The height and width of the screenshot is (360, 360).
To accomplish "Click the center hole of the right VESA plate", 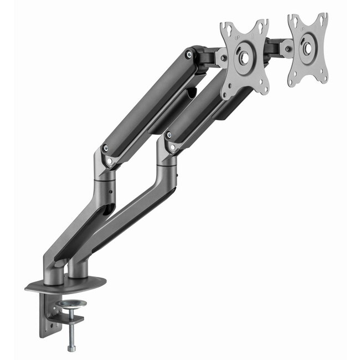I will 306,48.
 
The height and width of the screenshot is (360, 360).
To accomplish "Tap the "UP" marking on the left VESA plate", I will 238,37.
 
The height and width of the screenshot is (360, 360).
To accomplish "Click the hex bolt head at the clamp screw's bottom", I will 71,347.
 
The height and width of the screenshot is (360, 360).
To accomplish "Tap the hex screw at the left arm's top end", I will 189,54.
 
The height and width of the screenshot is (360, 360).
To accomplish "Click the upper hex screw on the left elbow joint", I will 105,148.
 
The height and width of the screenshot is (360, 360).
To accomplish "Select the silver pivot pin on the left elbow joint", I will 109,161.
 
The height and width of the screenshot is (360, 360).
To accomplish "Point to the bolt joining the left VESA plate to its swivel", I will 223,57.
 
